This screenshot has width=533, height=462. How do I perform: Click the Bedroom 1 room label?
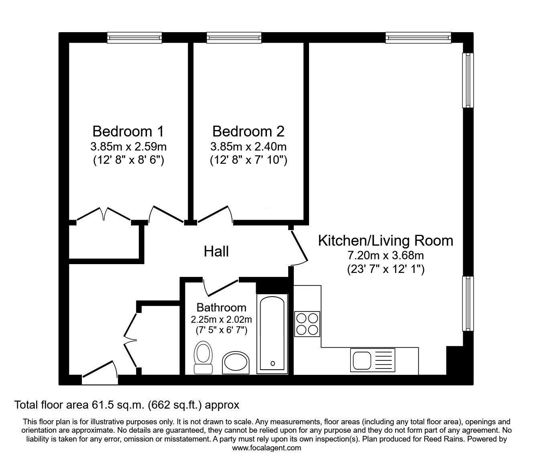128,131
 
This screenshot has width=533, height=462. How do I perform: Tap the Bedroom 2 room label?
248,131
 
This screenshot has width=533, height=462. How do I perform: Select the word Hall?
216,252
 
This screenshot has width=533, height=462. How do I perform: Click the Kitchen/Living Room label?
385,240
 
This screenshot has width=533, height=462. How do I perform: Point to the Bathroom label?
221,307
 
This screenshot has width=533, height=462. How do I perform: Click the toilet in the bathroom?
203,357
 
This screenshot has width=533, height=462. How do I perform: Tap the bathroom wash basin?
236,362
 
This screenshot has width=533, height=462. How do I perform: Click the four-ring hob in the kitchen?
307,324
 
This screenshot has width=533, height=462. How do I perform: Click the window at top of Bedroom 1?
134,38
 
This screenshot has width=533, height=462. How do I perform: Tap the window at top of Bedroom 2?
234,38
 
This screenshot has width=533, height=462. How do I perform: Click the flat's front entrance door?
100,372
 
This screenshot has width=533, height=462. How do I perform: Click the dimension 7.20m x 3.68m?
386,255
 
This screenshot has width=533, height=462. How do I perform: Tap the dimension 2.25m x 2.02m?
221,320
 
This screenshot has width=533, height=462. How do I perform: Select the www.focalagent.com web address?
266,448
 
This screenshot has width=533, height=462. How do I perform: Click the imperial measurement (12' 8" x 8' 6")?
128,161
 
